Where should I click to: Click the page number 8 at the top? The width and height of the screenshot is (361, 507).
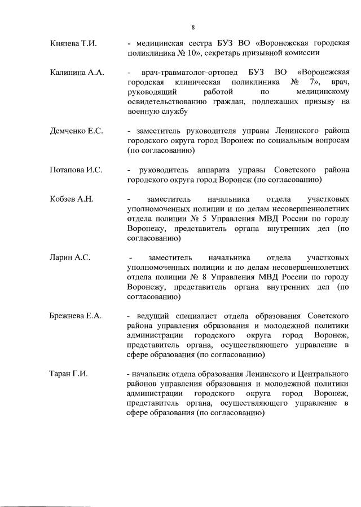coord(193,26)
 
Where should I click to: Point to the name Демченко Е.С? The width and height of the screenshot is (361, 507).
coord(76,131)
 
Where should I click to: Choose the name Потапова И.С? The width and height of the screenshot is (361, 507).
coord(76,170)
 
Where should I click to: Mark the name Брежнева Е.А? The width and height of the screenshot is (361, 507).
coord(76,315)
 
